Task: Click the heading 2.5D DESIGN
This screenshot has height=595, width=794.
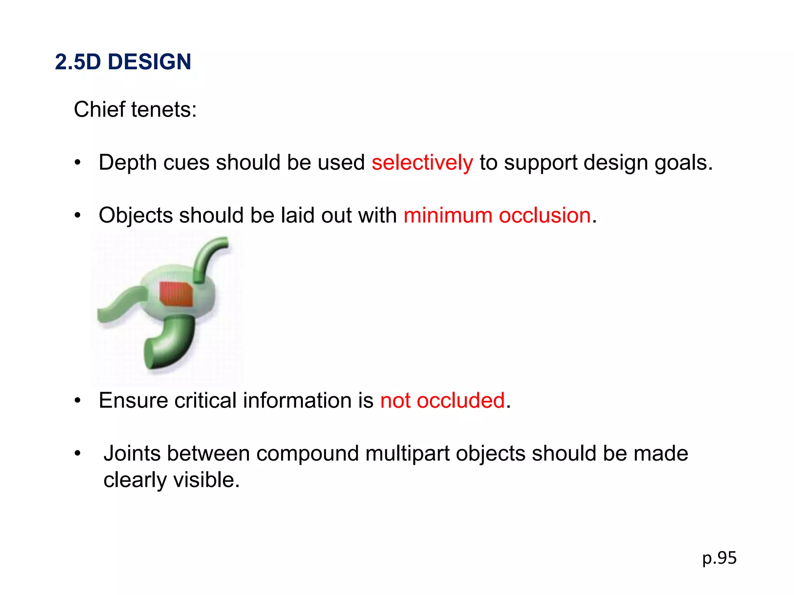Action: [123, 62]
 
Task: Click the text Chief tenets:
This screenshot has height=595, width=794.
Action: [135, 110]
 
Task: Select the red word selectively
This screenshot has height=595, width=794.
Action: [422, 162]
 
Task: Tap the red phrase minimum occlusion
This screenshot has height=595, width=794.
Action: [497, 215]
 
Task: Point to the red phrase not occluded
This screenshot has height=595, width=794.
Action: [442, 401]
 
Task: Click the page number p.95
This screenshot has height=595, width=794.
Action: [719, 558]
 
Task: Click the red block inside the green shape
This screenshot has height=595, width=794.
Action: [176, 294]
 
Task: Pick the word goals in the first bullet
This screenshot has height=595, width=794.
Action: [683, 163]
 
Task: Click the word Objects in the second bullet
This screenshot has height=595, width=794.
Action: [135, 215]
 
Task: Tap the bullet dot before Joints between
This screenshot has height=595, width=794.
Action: [78, 453]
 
